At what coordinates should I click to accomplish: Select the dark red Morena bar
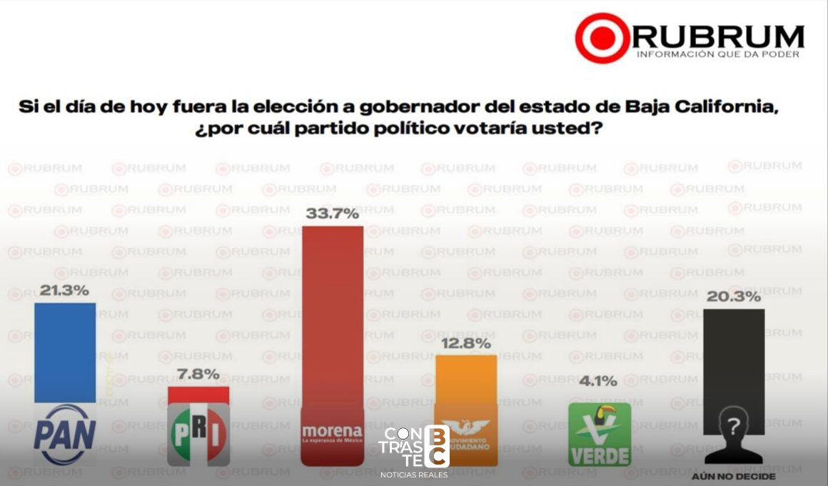click(332, 322)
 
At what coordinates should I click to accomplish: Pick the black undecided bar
click(734, 357)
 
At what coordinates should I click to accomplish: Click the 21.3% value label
click(65, 290)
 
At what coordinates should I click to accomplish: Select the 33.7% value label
click(332, 214)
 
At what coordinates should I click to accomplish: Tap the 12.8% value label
click(466, 344)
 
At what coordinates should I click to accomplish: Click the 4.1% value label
click(599, 381)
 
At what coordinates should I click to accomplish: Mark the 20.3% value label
click(734, 297)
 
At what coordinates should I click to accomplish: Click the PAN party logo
click(65, 434)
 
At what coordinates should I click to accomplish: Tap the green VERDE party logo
click(600, 435)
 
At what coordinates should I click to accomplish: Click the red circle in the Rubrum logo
click(602, 38)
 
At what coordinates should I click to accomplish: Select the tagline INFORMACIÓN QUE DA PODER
click(717, 54)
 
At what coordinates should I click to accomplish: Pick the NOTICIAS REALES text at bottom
click(414, 475)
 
